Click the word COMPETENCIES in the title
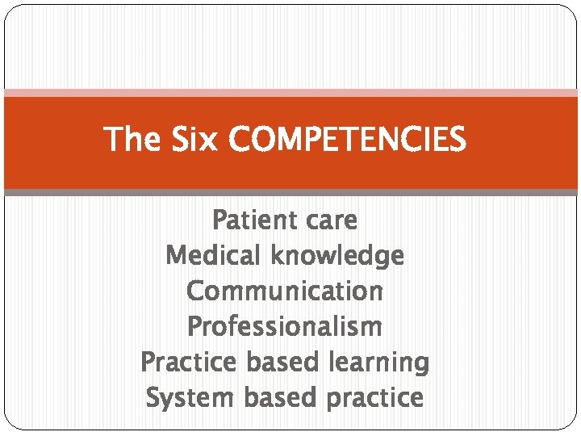pyautogui.click(x=347, y=140)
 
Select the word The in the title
pyautogui.click(x=132, y=140)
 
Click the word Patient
pyautogui.click(x=245, y=220)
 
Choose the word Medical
pyautogui.click(x=214, y=255)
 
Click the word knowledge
pyautogui.click(x=337, y=255)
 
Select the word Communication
pyautogui.click(x=284, y=291)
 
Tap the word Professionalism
pyautogui.click(x=284, y=326)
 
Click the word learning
pyautogui.click(x=378, y=362)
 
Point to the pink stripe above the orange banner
pyautogui.click(x=290, y=93)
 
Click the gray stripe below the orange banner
pyautogui.click(x=290, y=193)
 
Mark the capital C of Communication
pyautogui.click(x=194, y=291)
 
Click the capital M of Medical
pyautogui.click(x=174, y=255)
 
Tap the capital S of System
pyautogui.click(x=153, y=397)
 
